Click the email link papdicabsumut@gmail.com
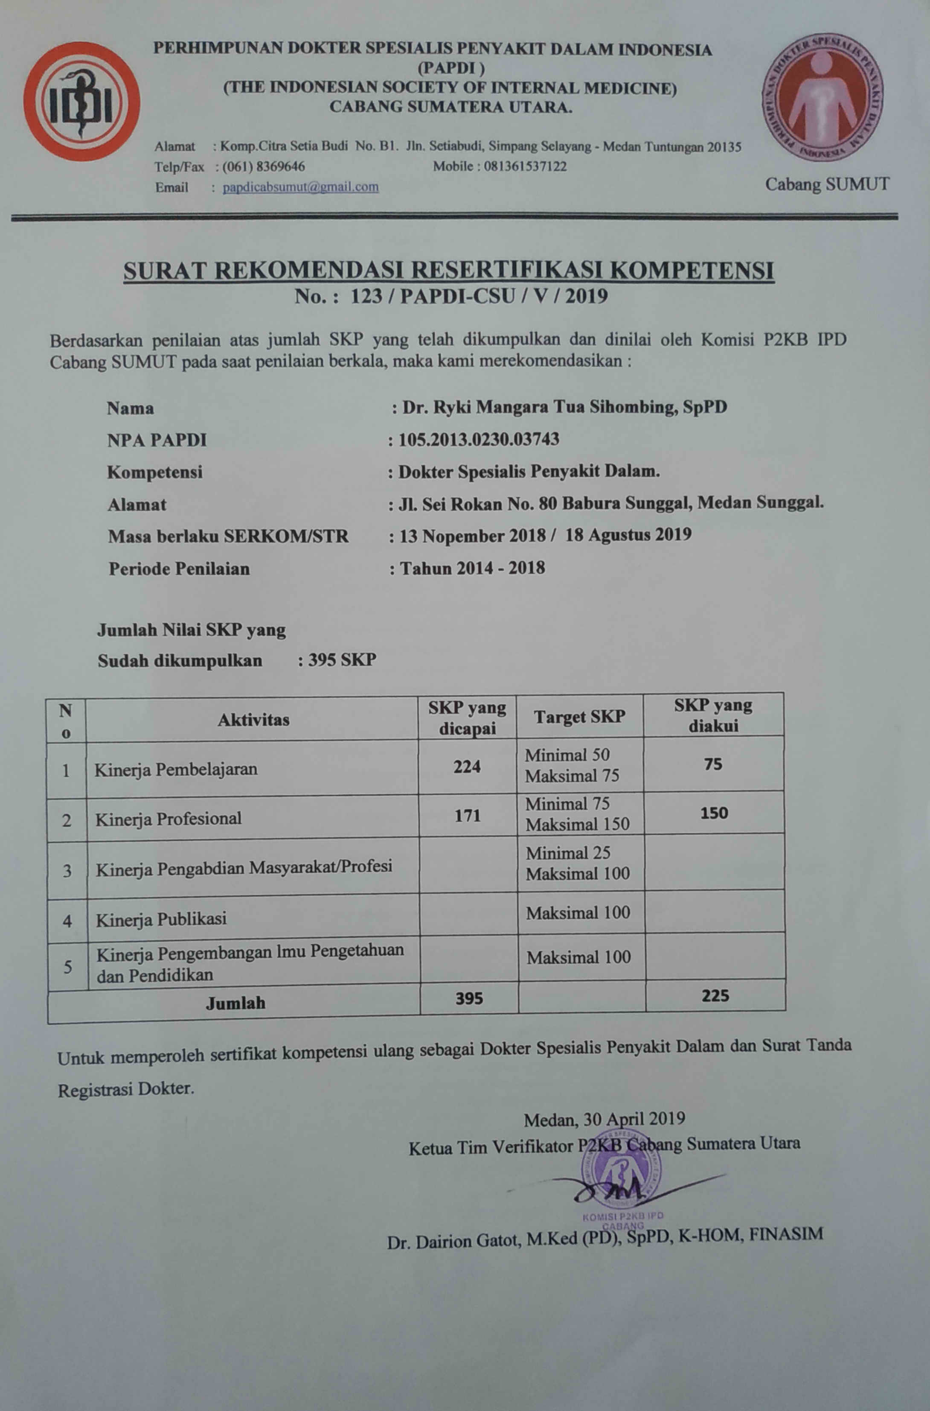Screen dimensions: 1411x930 (301, 187)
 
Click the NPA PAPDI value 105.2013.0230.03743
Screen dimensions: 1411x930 (479, 439)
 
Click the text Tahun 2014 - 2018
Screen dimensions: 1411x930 (472, 568)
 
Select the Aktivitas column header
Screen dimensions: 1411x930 (253, 720)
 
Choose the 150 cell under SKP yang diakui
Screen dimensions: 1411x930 (714, 813)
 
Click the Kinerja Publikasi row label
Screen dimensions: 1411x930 (161, 919)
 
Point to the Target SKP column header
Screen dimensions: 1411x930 (579, 717)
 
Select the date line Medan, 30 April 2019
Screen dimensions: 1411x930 (604, 1119)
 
